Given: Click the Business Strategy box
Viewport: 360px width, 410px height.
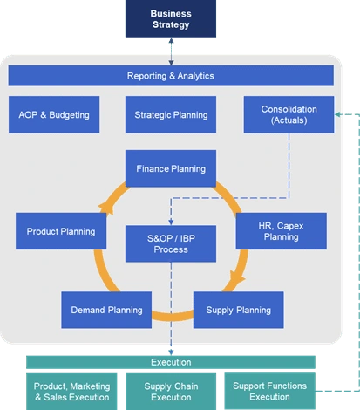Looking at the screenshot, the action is pos(171,18).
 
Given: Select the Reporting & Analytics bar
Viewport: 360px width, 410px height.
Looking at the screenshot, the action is pos(171,76).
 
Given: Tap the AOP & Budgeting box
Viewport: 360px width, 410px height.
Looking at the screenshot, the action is pos(54,114).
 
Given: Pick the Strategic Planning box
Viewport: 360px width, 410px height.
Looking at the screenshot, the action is pos(171,114).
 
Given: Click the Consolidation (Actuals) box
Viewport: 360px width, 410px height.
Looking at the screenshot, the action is pos(289,114).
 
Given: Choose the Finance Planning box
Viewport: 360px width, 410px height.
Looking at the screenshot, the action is pos(171,168).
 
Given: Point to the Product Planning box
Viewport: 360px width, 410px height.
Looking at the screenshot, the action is pos(61,231).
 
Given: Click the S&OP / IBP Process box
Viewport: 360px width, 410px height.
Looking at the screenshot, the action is pos(171,243).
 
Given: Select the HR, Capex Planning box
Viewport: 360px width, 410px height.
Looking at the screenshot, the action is pos(282,231).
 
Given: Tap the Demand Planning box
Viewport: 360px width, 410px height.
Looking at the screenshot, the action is pos(106,310).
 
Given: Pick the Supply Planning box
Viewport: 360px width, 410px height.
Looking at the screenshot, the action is pos(239,310).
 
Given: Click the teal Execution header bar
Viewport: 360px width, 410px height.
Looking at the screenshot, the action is pos(171,362).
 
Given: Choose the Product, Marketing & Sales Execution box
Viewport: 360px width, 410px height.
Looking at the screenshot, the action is pos(71,392).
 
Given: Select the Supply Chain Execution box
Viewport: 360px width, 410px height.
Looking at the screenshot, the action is pos(171,392).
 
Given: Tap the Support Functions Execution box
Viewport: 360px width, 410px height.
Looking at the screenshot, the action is pos(270,391).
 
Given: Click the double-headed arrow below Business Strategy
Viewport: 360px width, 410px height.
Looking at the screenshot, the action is pos(171,51).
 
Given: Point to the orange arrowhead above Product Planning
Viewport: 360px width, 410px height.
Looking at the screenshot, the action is pos(105,208).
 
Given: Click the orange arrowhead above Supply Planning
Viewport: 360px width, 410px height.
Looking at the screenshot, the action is pos(237,277).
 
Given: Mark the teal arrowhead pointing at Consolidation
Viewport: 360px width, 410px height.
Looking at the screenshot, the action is pos(337,114).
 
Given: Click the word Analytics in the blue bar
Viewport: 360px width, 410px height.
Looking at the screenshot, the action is pos(196,76).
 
